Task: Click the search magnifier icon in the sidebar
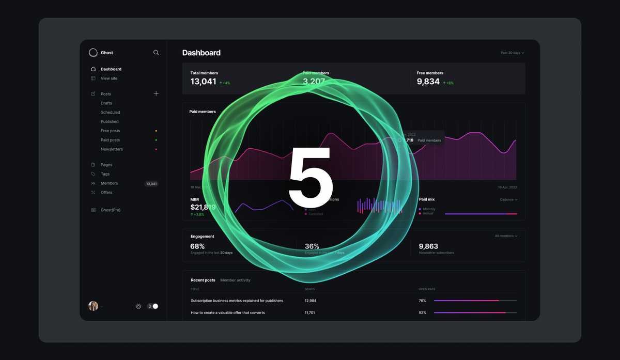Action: pyautogui.click(x=156, y=53)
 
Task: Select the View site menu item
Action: pyautogui.click(x=109, y=79)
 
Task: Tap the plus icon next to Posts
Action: pyautogui.click(x=156, y=93)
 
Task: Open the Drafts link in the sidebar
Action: pyautogui.click(x=106, y=103)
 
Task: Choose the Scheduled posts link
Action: pyautogui.click(x=110, y=113)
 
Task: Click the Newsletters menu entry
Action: pyautogui.click(x=112, y=149)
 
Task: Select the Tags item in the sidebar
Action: pyautogui.click(x=105, y=174)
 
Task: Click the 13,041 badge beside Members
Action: pyautogui.click(x=151, y=184)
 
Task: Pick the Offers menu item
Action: pyautogui.click(x=106, y=193)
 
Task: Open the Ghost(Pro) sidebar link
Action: pyautogui.click(x=110, y=210)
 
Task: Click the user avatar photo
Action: pyautogui.click(x=93, y=306)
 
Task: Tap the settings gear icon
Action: pyautogui.click(x=138, y=306)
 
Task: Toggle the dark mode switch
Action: pyautogui.click(x=152, y=306)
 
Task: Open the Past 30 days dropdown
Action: pyautogui.click(x=512, y=53)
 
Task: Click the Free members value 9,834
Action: pyautogui.click(x=428, y=82)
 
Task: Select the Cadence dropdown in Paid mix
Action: pyautogui.click(x=508, y=199)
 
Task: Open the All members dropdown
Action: pyautogui.click(x=506, y=236)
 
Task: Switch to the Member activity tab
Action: pyautogui.click(x=235, y=280)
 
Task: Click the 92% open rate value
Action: pyautogui.click(x=422, y=313)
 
